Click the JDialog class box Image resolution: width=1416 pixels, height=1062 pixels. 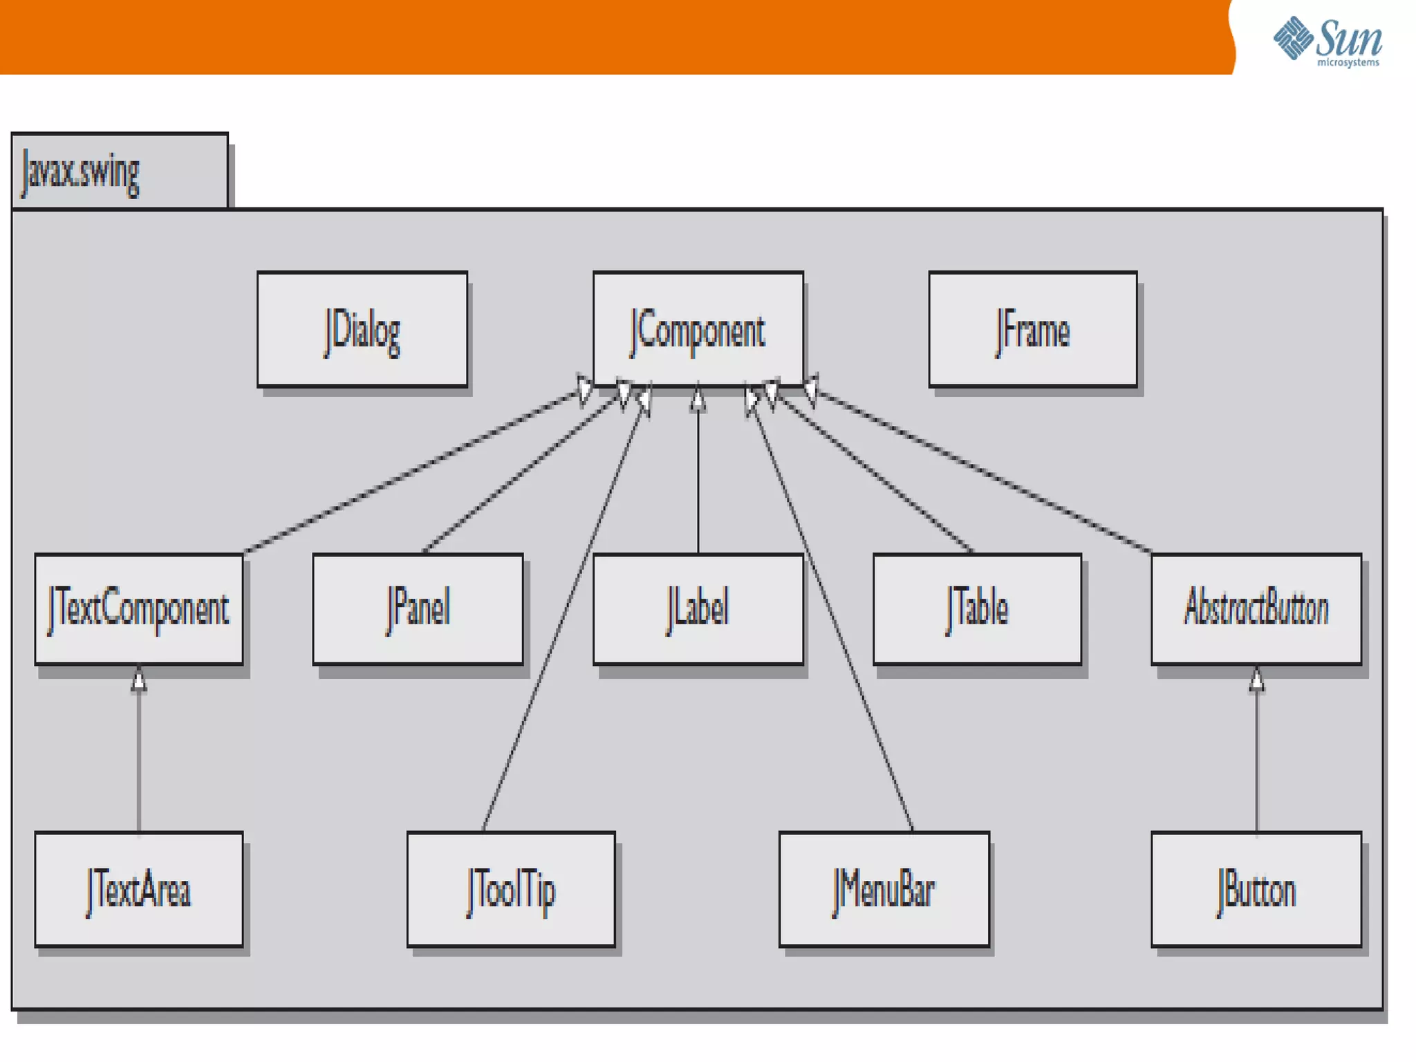click(x=362, y=329)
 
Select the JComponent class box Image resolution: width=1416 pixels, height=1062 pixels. click(x=698, y=329)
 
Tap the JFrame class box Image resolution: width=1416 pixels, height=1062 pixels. click(x=1032, y=329)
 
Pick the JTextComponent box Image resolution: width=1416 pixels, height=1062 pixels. click(x=139, y=609)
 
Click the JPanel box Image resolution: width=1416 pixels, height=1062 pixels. click(x=418, y=609)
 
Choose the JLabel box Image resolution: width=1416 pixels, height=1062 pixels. click(x=698, y=609)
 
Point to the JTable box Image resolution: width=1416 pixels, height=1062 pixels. click(x=977, y=609)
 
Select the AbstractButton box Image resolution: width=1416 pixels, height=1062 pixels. click(x=1256, y=609)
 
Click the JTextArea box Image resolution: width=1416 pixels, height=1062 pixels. click(x=139, y=889)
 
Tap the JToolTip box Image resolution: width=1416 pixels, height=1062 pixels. click(x=511, y=889)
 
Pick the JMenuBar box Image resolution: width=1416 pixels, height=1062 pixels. click(x=884, y=889)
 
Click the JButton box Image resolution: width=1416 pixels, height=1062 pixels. click(x=1256, y=889)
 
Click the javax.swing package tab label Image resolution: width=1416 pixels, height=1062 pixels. click(x=81, y=173)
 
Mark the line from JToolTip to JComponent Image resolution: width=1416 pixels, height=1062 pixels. click(x=563, y=619)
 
